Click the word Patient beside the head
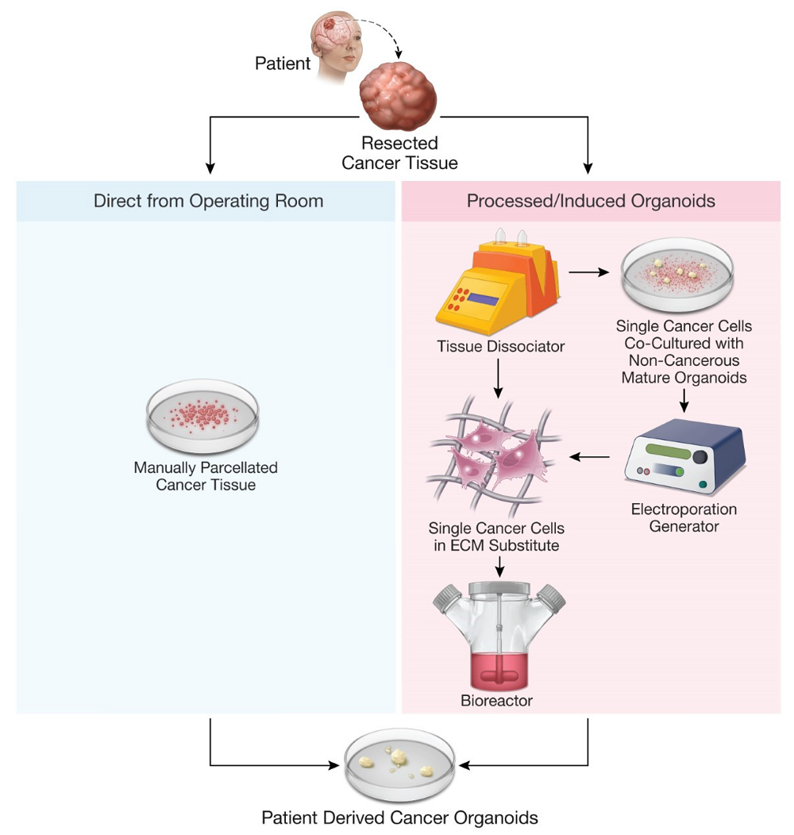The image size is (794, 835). (x=283, y=63)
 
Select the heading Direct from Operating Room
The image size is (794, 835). (x=208, y=201)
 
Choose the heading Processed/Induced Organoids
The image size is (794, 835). (x=591, y=201)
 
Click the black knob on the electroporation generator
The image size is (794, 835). (x=700, y=457)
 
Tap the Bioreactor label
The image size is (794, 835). (x=496, y=701)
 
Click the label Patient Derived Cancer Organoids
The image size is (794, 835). (x=400, y=818)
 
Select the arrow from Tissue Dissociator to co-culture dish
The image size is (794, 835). (x=587, y=272)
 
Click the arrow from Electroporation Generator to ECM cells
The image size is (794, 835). (x=591, y=457)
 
